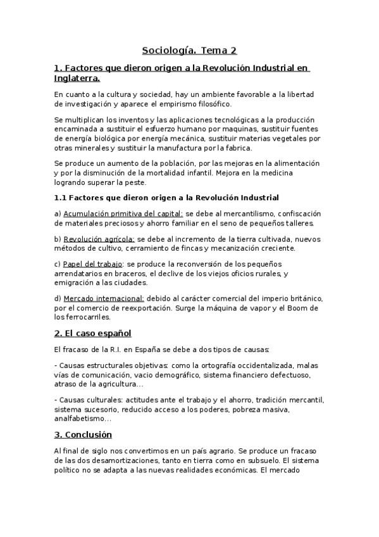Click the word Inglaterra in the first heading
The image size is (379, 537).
77,79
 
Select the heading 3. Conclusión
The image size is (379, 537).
83,434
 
